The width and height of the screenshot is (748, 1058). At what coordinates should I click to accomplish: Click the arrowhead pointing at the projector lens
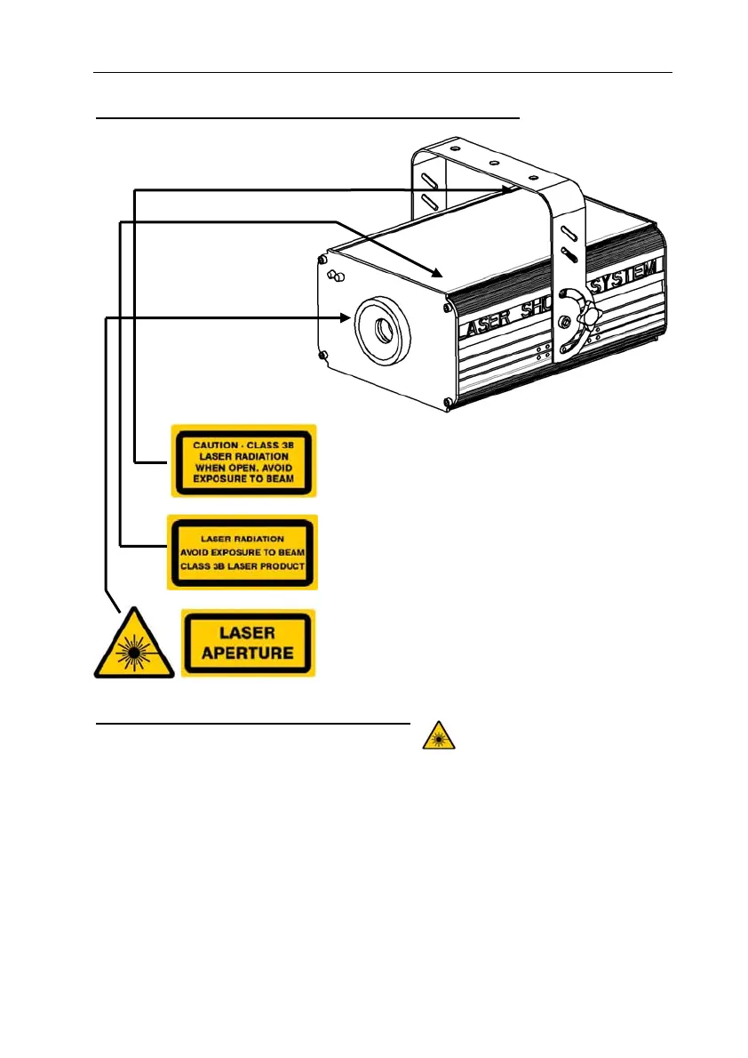pyautogui.click(x=347, y=317)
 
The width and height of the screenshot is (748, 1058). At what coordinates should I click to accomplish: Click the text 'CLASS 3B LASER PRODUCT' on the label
pyautogui.click(x=242, y=566)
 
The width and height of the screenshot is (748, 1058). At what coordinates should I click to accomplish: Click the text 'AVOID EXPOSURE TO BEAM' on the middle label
pyautogui.click(x=242, y=552)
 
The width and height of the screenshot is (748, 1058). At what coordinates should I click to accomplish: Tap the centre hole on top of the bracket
pyautogui.click(x=492, y=163)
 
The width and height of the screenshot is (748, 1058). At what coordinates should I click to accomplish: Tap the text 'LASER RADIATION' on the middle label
pyautogui.click(x=242, y=538)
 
